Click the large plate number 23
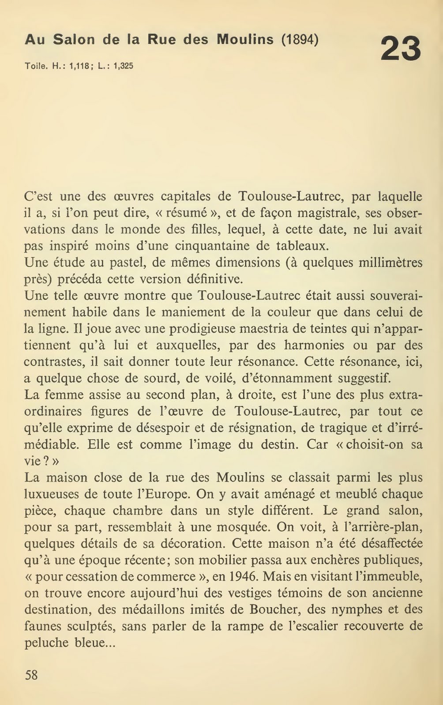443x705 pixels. [401, 49]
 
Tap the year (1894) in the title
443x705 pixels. [300, 40]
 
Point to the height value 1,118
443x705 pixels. [79, 67]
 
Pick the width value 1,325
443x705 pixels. [123, 67]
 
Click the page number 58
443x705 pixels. [31, 675]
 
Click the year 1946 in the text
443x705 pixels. [244, 576]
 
